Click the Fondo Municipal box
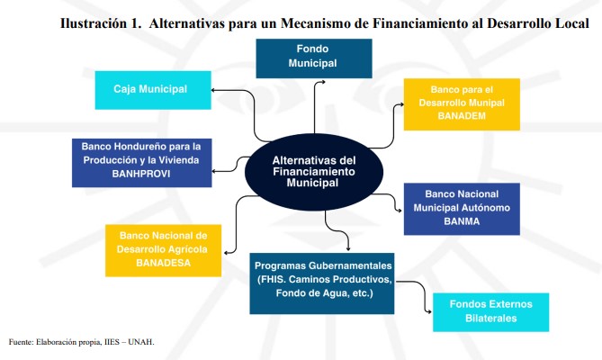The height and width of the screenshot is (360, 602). click(314, 58)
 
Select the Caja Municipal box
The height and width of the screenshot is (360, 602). click(153, 90)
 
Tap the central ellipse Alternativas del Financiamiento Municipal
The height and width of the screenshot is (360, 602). click(314, 172)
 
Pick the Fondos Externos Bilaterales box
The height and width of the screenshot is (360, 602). click(490, 312)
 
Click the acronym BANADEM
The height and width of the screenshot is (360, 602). click(462, 116)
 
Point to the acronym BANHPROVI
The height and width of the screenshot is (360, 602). click(141, 174)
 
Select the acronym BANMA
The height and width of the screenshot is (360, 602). click(462, 221)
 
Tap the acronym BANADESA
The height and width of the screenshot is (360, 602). click(163, 263)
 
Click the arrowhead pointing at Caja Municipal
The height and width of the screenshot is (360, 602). click(213, 90)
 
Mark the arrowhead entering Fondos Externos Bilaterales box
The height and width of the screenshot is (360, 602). click(430, 312)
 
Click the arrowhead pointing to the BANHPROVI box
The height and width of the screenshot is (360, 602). click(214, 171)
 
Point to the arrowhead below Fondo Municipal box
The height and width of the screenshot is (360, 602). click(324, 82)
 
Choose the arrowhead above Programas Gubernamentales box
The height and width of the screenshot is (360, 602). click(348, 249)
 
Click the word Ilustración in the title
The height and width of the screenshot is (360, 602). click(94, 23)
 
